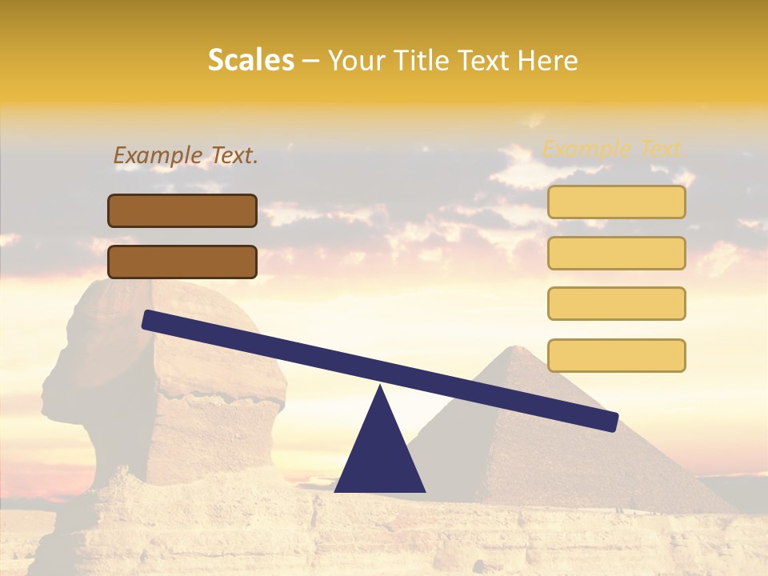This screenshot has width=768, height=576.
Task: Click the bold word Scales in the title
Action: [250, 61]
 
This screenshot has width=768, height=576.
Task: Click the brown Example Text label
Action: [186, 156]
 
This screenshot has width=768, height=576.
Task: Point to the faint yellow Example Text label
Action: [614, 149]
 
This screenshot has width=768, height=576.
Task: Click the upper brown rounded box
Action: [182, 210]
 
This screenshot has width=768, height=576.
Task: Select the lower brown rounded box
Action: [182, 262]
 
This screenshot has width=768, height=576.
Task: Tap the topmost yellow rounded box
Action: [616, 202]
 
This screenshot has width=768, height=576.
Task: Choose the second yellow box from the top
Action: [616, 253]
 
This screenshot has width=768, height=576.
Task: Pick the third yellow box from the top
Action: [616, 303]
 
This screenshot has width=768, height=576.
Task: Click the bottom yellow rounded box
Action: [616, 355]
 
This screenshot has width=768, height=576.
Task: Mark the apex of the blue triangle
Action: [380, 387]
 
